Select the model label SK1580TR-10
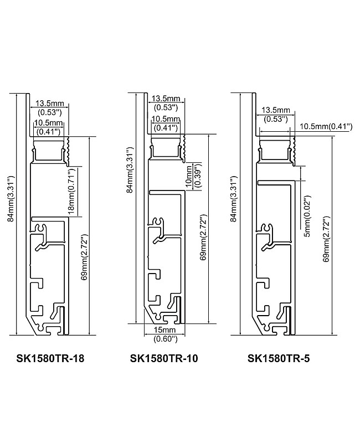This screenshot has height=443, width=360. pyautogui.click(x=164, y=358)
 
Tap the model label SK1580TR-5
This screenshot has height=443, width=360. pyautogui.click(x=279, y=358)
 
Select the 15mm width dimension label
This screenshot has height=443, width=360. pyautogui.click(x=164, y=329)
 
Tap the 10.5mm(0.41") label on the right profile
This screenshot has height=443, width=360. pyautogui.click(x=326, y=126)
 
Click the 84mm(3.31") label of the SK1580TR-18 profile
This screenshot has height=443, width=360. pyautogui.click(x=10, y=198)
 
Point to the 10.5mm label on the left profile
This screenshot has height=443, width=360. pyautogui.click(x=49, y=122)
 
